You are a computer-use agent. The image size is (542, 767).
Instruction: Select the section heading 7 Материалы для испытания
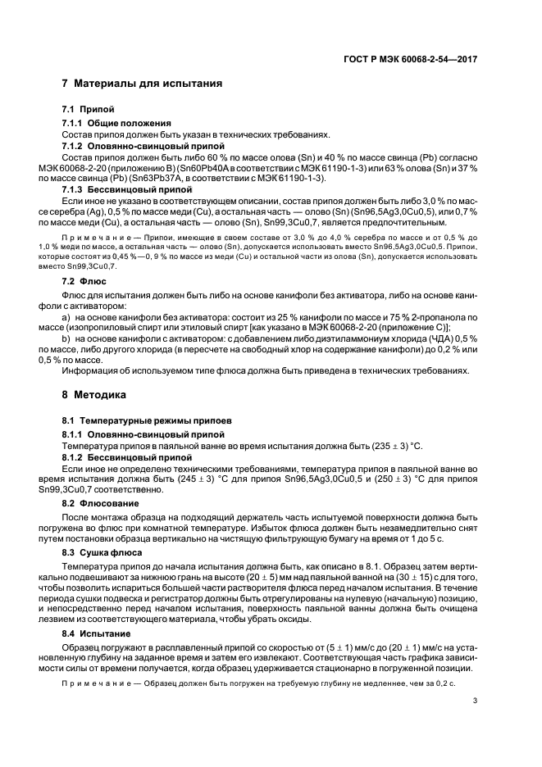pos(141,84)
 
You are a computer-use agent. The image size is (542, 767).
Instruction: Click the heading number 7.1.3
pos(74,188)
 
